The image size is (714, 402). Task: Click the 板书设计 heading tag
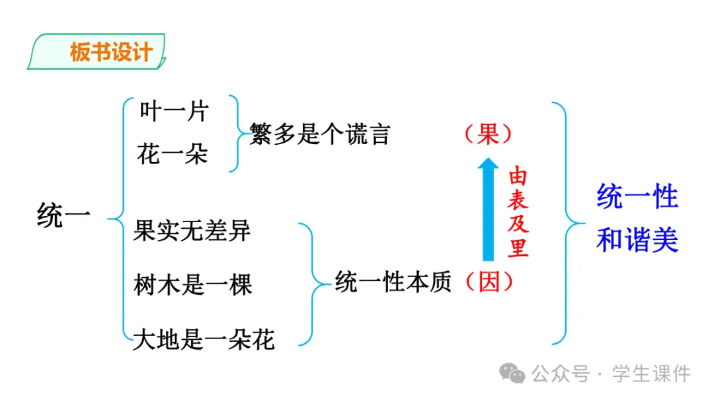(x=110, y=53)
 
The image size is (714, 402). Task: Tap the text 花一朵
(x=173, y=154)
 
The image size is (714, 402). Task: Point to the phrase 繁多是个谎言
(x=320, y=134)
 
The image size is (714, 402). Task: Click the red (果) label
(x=489, y=134)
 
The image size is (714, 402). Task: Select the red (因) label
(x=489, y=282)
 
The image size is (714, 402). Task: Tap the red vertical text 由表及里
(x=518, y=212)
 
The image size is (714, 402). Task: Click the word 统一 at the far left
(x=63, y=216)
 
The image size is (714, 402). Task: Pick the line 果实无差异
(x=192, y=231)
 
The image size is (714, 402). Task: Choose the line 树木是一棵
(x=192, y=286)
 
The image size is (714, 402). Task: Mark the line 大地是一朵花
(x=204, y=340)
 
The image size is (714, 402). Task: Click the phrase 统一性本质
(x=393, y=282)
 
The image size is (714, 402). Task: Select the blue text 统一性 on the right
(x=637, y=196)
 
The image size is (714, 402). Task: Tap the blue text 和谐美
(x=637, y=240)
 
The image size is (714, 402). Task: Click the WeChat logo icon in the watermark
(x=512, y=374)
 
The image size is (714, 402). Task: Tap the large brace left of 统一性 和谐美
(x=564, y=222)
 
